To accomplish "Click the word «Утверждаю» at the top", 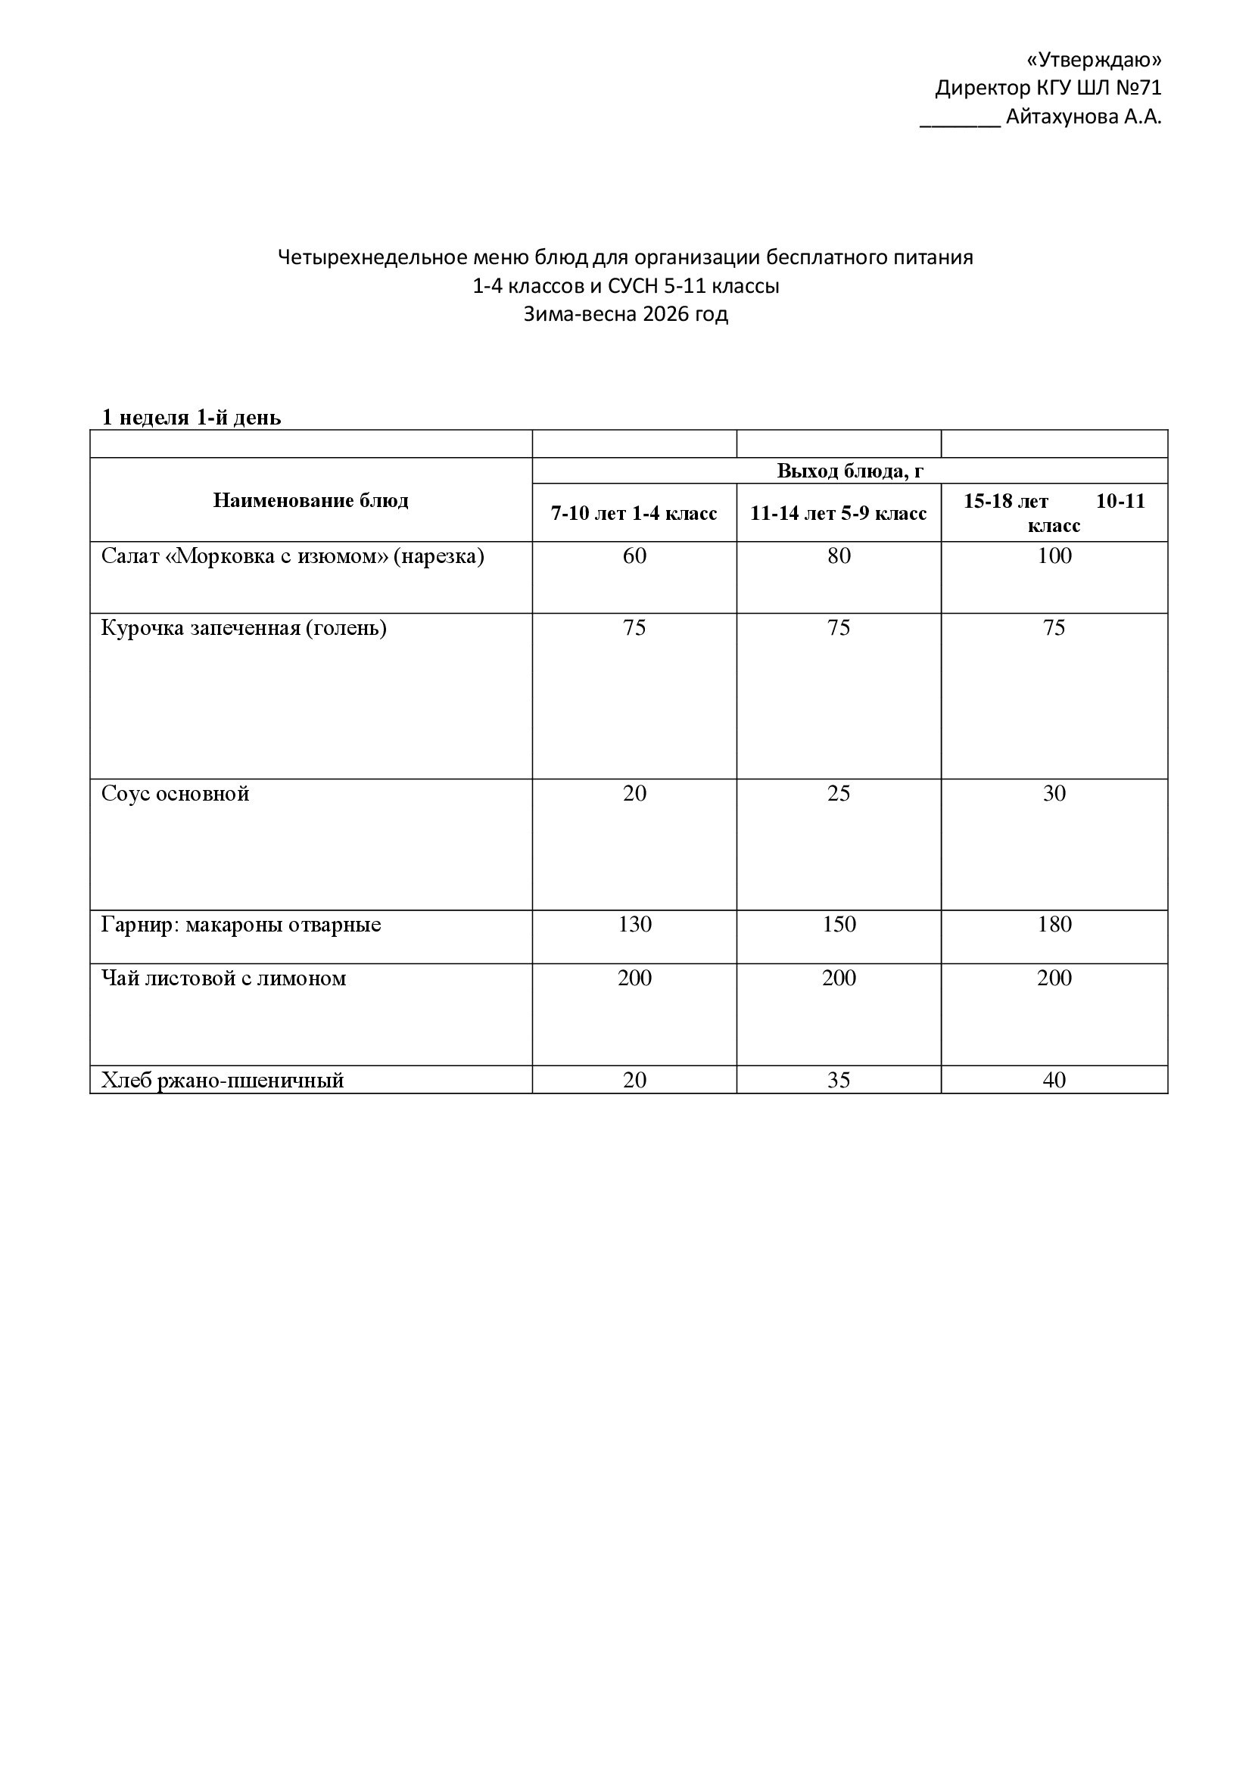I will click(1094, 60).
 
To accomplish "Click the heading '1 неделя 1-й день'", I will click(192, 418).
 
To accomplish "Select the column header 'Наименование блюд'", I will click(310, 500).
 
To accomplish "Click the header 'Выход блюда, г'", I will click(849, 471).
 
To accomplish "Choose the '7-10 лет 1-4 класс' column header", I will click(634, 513).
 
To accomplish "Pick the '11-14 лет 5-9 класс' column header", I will click(838, 513).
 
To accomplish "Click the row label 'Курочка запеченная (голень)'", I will click(244, 628).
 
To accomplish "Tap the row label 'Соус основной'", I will click(175, 794).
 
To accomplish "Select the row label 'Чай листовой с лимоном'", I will click(223, 978).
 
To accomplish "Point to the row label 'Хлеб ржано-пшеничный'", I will click(222, 1080).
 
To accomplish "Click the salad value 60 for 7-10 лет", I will click(634, 556).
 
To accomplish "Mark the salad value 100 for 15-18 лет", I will click(1054, 556).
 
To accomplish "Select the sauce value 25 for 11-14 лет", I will click(839, 794).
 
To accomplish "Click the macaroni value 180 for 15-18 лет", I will click(1054, 924).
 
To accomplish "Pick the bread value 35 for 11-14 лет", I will click(839, 1080).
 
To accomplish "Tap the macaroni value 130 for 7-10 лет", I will click(634, 924).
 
